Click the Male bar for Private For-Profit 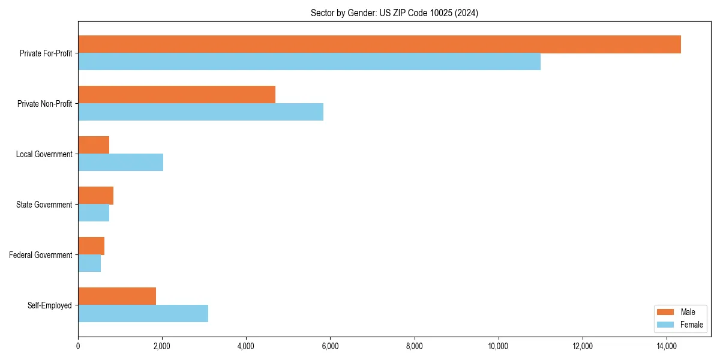coord(379,44)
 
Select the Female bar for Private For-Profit coord(309,62)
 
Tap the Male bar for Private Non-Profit coord(176,95)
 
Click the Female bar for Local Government coord(121,163)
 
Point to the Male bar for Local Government coord(94,145)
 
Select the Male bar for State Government coord(95,196)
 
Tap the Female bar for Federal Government coord(89,263)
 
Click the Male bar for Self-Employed coord(117,296)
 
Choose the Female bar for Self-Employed coord(143,314)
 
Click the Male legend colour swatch coord(666,312)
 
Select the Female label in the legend coord(692,325)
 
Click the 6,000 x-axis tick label coord(331,346)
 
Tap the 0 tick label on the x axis coord(78,346)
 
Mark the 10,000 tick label coord(499,346)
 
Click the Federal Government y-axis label coord(41,255)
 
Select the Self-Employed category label coord(50,305)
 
